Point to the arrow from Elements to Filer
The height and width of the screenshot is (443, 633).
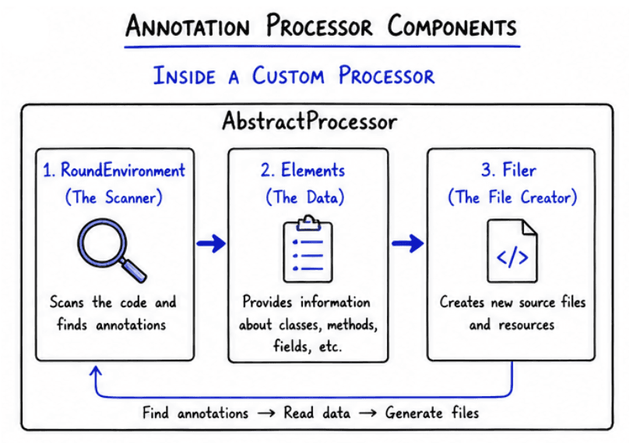(x=407, y=244)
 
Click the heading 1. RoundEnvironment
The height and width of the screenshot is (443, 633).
(x=114, y=171)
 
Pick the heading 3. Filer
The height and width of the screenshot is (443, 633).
(x=512, y=171)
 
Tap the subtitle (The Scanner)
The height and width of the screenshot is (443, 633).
(x=114, y=197)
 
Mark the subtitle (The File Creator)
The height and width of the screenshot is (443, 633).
(x=512, y=197)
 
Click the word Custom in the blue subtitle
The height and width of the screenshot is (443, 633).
(x=290, y=76)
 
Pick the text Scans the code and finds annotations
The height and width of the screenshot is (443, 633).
(x=114, y=313)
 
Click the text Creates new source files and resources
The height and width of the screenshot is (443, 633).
(x=512, y=313)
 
